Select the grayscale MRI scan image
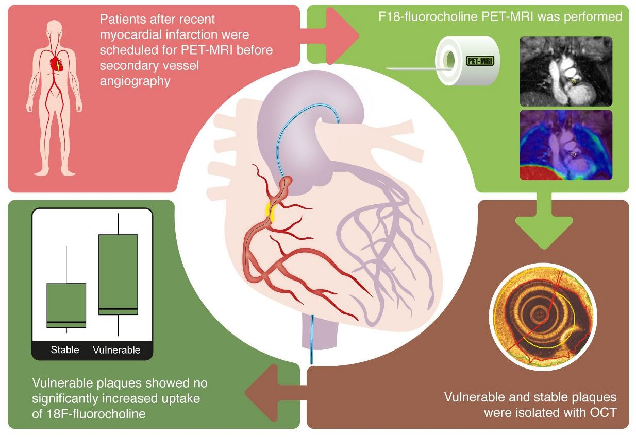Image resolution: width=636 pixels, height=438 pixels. [566, 71]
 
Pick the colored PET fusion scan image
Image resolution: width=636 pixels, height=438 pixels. [566, 145]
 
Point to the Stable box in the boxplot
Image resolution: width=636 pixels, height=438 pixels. [66, 305]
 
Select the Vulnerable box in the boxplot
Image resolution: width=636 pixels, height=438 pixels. [118, 274]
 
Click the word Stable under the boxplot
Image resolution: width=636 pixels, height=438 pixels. [65, 350]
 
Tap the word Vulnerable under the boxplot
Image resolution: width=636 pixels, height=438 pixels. [116, 350]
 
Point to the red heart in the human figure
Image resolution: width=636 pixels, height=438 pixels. [56, 64]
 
